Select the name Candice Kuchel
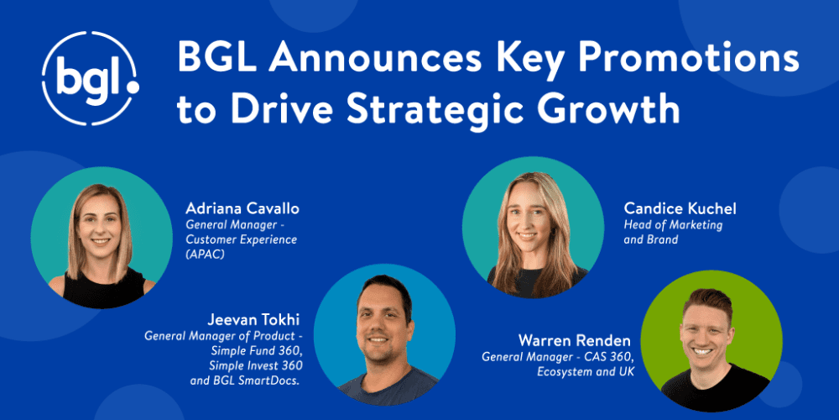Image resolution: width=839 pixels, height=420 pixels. click(x=680, y=207)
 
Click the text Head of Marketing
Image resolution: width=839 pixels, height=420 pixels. click(x=673, y=225)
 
